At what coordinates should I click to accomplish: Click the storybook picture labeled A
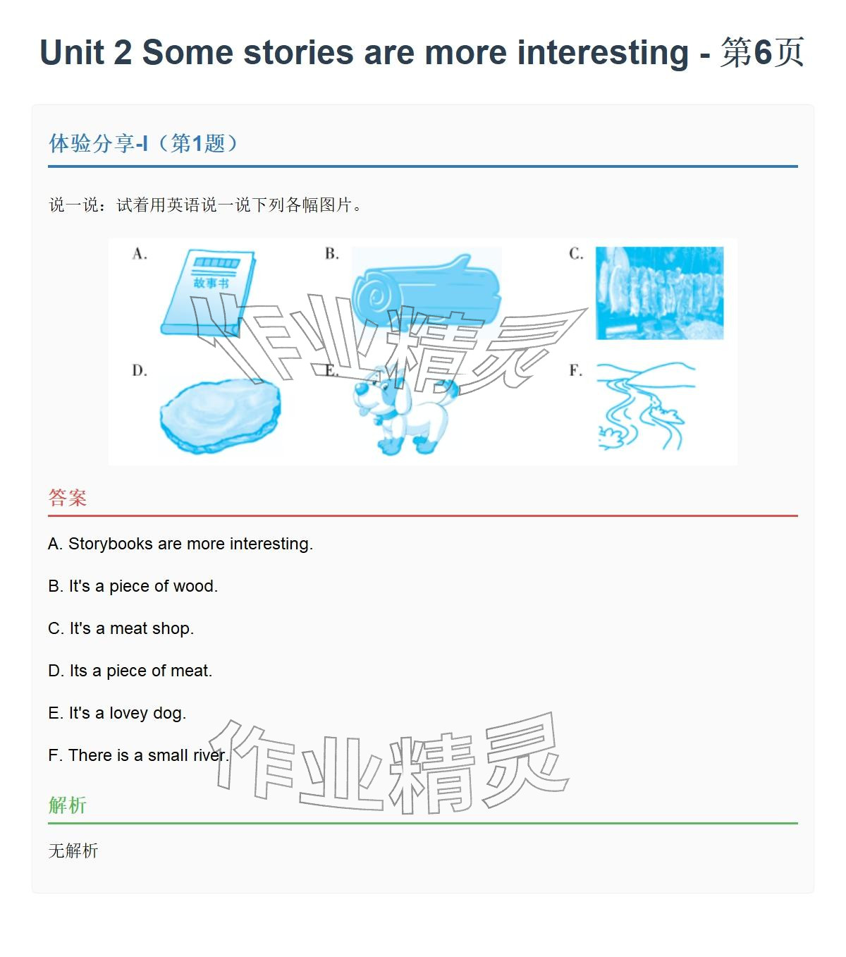[x=208, y=291]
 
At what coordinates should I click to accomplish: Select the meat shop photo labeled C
[x=659, y=293]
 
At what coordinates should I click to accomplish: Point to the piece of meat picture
[x=219, y=415]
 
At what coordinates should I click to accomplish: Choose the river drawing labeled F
[x=643, y=406]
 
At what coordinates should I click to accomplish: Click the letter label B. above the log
[x=332, y=254]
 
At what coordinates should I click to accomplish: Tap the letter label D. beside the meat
[x=140, y=371]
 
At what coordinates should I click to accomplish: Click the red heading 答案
[x=68, y=498]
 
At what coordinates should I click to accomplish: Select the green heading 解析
[x=68, y=805]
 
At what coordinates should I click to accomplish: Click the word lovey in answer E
[x=128, y=713]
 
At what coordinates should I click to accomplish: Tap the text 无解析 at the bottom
[x=73, y=851]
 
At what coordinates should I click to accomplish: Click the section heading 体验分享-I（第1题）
[x=145, y=144]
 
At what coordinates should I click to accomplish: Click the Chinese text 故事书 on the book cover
[x=211, y=284]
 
